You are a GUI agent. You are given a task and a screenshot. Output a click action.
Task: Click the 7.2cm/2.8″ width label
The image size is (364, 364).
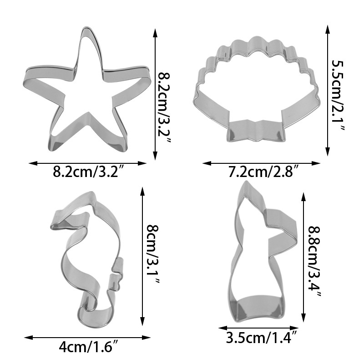click(264, 172)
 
